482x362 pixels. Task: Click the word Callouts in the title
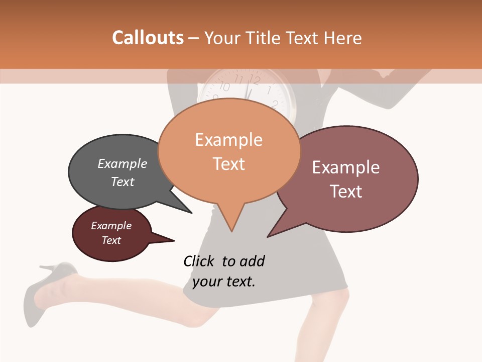pos(148,38)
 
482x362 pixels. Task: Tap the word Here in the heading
pos(343,38)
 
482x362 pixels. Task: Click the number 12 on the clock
pos(255,79)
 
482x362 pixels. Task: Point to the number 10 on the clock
pos(224,86)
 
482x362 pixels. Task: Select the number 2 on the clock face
pos(275,104)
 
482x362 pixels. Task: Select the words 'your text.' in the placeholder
pos(224,281)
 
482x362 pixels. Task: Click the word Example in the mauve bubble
pos(346,167)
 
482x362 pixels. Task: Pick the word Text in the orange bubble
pos(229,163)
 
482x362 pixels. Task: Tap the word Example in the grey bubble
pos(123,163)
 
